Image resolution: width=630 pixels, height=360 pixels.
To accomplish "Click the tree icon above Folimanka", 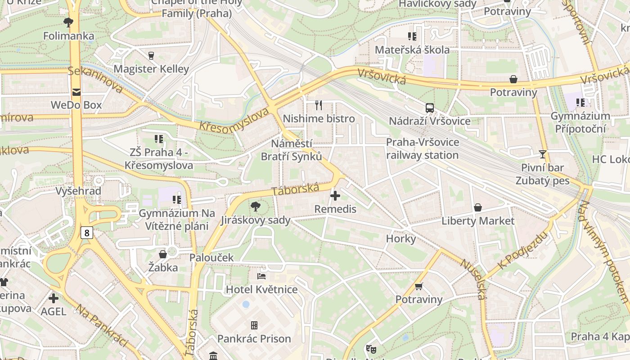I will pyautogui.click(x=68, y=22).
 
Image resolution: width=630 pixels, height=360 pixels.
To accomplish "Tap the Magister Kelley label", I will pyautogui.click(x=151, y=69).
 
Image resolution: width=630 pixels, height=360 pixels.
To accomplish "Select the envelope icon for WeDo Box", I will pyautogui.click(x=76, y=92).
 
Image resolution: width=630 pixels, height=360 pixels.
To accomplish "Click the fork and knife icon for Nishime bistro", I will pyautogui.click(x=319, y=105).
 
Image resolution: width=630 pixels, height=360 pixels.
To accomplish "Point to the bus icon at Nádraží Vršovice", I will pyautogui.click(x=430, y=108).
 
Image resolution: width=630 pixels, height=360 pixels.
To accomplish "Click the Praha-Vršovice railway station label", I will pyautogui.click(x=423, y=149).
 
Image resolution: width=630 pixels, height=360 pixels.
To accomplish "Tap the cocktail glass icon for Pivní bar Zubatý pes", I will pyautogui.click(x=543, y=154).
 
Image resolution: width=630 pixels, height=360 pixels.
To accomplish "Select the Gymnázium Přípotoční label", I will pyautogui.click(x=580, y=122).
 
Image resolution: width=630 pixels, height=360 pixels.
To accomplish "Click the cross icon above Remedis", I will pyautogui.click(x=335, y=196).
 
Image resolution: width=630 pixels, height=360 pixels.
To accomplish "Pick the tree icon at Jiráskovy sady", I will pyautogui.click(x=255, y=207).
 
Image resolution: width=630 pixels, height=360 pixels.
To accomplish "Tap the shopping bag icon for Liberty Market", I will pyautogui.click(x=478, y=207).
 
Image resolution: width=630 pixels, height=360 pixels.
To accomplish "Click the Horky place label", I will pyautogui.click(x=401, y=238).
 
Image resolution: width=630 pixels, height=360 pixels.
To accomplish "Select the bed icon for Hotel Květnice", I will pyautogui.click(x=261, y=276).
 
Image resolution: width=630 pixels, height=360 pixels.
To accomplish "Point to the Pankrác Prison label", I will pyautogui.click(x=254, y=338).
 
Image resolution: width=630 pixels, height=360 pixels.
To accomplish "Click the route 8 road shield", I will pyautogui.click(x=87, y=233).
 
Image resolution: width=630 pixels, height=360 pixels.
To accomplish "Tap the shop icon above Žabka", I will pyautogui.click(x=163, y=254).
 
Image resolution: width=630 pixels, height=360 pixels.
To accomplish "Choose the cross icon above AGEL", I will pyautogui.click(x=54, y=298).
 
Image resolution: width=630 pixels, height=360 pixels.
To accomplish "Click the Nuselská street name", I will pyautogui.click(x=473, y=279).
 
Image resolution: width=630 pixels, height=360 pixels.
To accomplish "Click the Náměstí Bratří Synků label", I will pyautogui.click(x=292, y=150).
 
